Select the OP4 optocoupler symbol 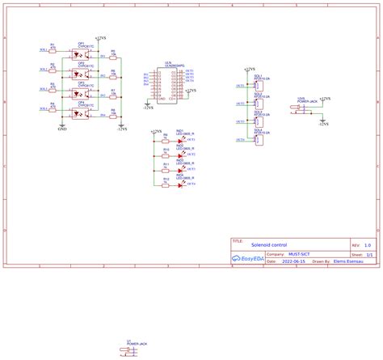(x=82, y=112)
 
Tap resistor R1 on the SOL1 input (x=53, y=49)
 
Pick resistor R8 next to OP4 (x=113, y=110)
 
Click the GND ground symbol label (x=62, y=128)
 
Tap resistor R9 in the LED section (x=165, y=141)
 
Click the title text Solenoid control (x=269, y=244)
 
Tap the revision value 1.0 (x=368, y=244)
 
